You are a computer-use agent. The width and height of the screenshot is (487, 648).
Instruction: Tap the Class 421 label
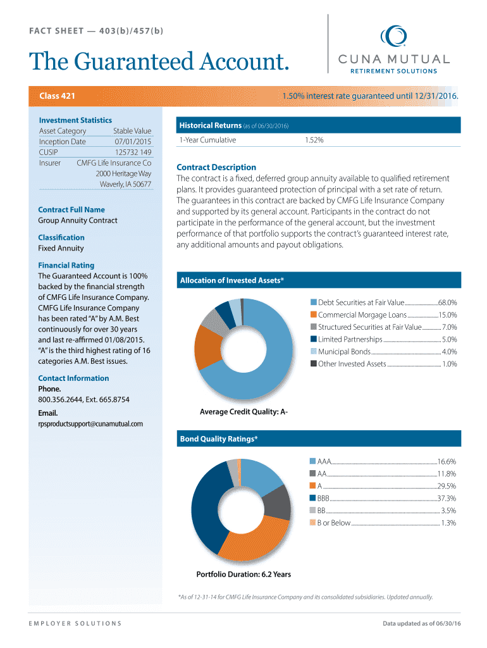[58, 96]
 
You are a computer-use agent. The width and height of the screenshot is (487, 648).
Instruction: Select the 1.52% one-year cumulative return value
[314, 140]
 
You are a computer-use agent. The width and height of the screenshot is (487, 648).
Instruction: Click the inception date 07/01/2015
[133, 142]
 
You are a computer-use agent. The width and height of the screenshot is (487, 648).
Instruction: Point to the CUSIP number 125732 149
[133, 153]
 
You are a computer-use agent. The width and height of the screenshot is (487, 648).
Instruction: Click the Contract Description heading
[216, 167]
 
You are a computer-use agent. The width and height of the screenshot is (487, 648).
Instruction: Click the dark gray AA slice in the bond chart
[277, 501]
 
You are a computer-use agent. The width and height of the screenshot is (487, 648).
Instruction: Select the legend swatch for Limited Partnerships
[313, 339]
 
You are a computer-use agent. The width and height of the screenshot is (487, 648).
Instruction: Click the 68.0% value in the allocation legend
[447, 302]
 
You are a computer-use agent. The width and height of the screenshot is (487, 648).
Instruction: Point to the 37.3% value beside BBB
[447, 498]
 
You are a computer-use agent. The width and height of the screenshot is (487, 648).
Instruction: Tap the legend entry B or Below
[333, 523]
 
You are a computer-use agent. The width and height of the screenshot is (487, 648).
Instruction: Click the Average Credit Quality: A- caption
[244, 413]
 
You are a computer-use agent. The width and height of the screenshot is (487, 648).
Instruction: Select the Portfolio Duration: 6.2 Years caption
[244, 575]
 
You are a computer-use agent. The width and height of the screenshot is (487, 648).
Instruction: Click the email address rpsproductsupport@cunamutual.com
[90, 423]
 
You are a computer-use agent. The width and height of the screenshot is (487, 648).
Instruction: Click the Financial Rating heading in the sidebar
[66, 265]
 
